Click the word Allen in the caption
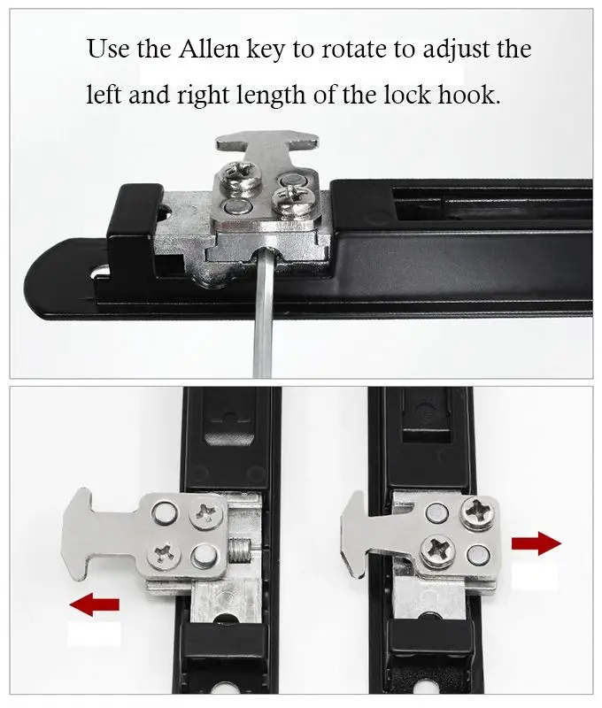[x=208, y=49]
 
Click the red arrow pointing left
[x=95, y=604]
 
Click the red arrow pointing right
[x=536, y=543]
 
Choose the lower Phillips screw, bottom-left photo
[x=165, y=553]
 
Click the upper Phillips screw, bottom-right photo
[x=478, y=512]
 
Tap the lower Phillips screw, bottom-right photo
[x=438, y=550]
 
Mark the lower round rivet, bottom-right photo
[x=479, y=555]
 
